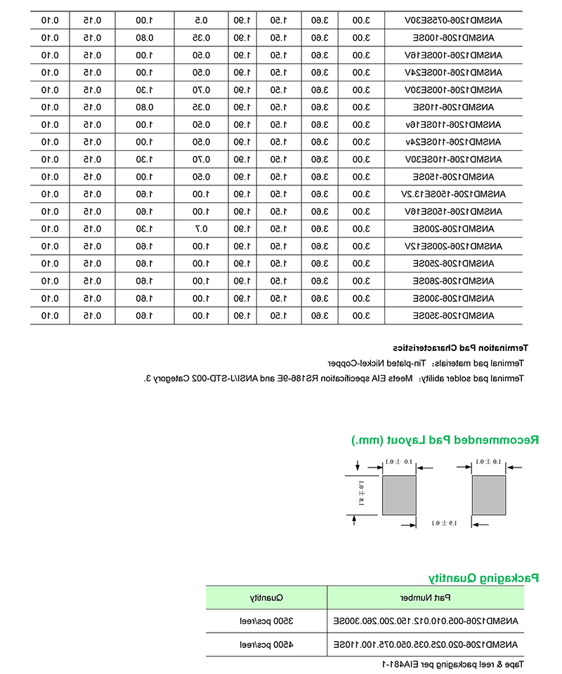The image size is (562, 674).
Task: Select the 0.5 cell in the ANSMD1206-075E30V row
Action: coord(200,20)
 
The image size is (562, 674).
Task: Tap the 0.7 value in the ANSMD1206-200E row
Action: coord(200,229)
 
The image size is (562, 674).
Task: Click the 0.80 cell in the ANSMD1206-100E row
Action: coord(145,37)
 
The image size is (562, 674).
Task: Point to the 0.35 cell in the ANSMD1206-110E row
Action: coord(200,107)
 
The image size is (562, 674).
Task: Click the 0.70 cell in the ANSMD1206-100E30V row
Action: coord(200,89)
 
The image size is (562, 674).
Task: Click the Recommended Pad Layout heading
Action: coord(445,440)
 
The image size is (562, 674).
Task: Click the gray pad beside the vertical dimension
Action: coord(399,495)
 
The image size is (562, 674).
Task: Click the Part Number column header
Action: coord(426,598)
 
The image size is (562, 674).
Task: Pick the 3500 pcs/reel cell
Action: coord(267,621)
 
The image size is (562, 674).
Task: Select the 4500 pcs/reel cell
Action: coord(267,645)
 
